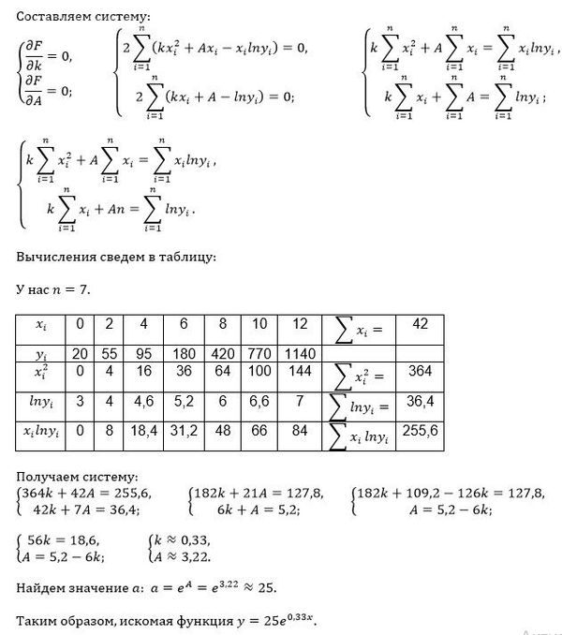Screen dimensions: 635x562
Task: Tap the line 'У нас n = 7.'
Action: pos(53,289)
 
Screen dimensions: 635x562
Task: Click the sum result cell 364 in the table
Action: pos(420,373)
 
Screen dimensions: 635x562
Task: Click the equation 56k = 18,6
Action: pos(65,540)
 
